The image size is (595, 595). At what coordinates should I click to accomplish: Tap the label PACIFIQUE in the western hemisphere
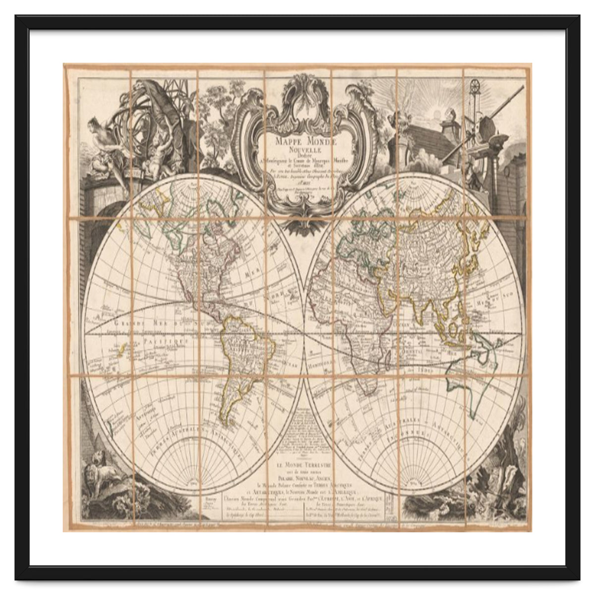click(x=164, y=343)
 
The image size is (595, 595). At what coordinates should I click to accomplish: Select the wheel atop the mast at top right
click(x=476, y=85)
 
